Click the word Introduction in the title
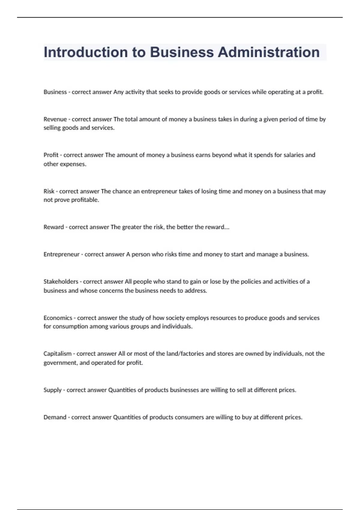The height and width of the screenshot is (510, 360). point(85,52)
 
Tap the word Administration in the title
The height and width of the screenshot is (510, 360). point(268,52)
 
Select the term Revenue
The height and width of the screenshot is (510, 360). point(55,119)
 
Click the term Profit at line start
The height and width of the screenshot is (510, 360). point(51,155)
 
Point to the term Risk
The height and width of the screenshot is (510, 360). point(49,191)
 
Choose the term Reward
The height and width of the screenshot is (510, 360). point(53,227)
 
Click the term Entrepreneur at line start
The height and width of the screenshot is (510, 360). point(61,254)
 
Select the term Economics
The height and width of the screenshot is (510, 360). point(58,318)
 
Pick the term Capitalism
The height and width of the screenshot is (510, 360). point(57,354)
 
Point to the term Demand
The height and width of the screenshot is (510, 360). point(55,417)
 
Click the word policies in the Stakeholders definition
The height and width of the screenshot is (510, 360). point(251,281)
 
